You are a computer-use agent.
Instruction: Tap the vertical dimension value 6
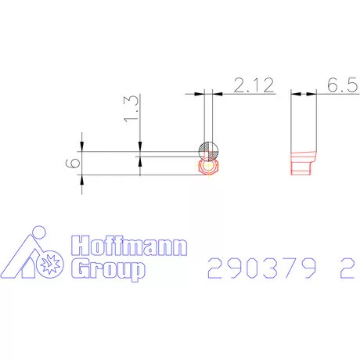tap(74, 163)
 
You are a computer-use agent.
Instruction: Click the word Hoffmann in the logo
tap(130, 248)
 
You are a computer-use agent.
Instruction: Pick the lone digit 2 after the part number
tap(343, 269)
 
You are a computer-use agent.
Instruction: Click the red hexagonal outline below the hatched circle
tap(209, 167)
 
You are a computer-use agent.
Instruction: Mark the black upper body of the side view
tap(302, 121)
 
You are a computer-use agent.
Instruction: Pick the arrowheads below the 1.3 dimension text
tap(139, 154)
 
